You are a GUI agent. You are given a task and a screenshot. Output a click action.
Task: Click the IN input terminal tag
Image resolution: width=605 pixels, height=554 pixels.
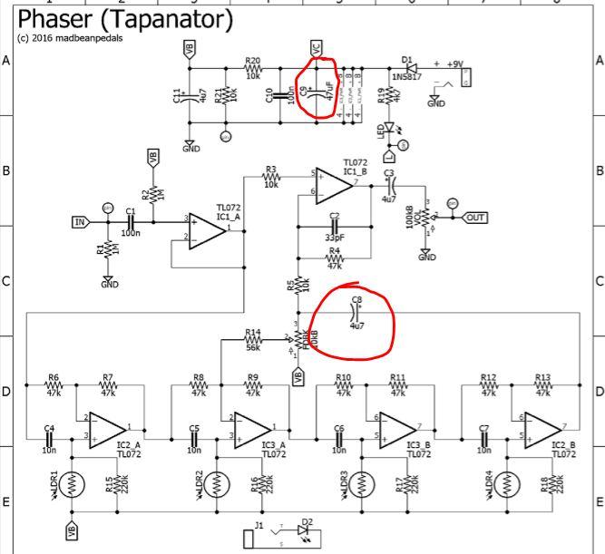[x=79, y=220]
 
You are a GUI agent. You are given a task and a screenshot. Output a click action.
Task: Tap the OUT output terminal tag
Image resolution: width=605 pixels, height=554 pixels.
[x=474, y=217]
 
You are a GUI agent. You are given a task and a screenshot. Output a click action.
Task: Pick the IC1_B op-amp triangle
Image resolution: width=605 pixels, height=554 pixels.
[x=335, y=185]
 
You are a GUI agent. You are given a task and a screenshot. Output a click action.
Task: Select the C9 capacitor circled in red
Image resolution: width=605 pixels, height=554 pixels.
[x=320, y=92]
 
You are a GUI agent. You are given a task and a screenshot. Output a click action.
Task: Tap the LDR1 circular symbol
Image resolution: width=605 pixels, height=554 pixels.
[x=72, y=484]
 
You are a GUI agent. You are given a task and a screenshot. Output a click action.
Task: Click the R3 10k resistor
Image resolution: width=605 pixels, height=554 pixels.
[x=270, y=175]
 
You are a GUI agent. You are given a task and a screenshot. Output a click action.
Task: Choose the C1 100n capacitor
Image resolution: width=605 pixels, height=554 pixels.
[x=132, y=220]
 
